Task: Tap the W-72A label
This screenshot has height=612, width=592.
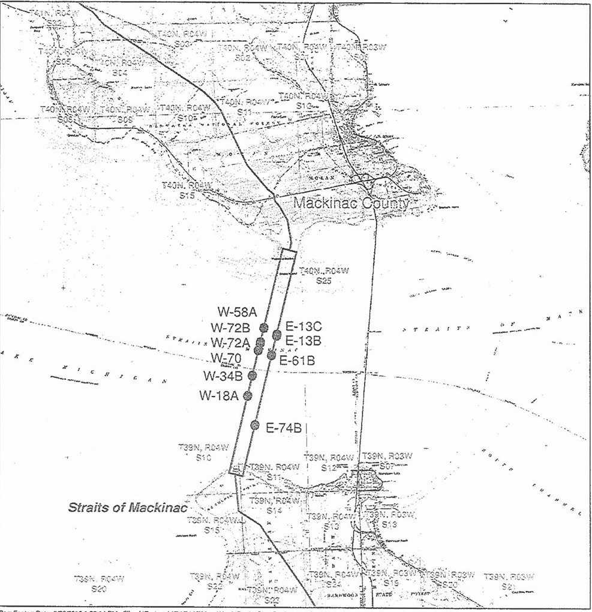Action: pos(230,343)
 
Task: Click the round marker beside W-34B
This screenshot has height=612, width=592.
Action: pos(253,376)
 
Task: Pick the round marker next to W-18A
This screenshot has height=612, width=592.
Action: pos(248,395)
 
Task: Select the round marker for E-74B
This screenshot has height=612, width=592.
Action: pos(254,425)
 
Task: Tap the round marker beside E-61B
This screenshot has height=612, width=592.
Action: pos(271,355)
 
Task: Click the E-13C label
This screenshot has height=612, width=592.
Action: pos(303,327)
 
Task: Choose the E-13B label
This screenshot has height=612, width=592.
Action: pos(303,341)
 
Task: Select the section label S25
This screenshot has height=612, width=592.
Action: pos(324,280)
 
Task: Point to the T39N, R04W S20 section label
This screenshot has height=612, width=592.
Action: pos(98,584)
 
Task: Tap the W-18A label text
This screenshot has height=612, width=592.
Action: pos(219,395)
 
